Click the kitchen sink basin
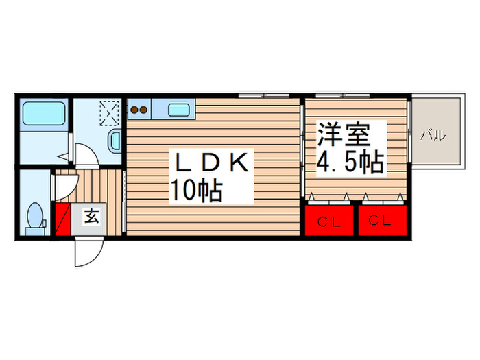[x=179, y=108]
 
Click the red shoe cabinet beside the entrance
[x=62, y=219]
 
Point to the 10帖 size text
[x=196, y=191]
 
